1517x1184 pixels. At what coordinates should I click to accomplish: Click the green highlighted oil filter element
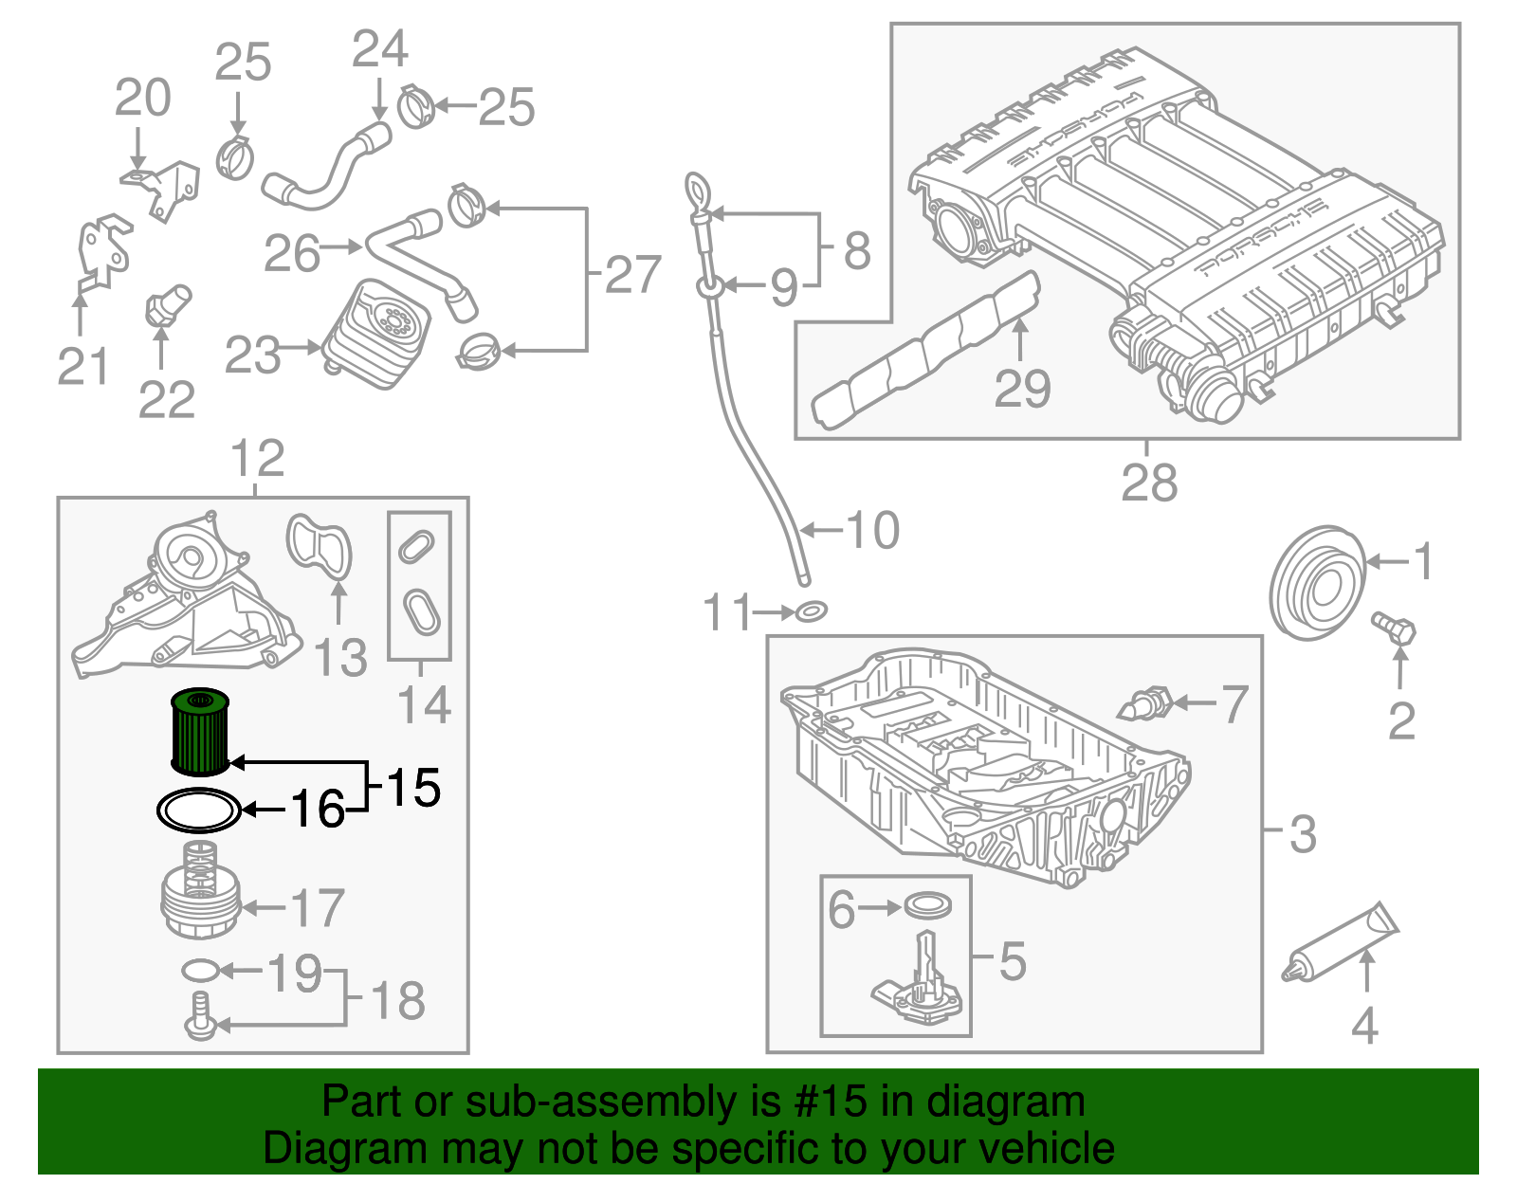(x=200, y=733)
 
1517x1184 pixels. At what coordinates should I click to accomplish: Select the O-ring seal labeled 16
(x=198, y=811)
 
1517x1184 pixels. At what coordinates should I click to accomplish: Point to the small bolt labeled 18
(x=199, y=1015)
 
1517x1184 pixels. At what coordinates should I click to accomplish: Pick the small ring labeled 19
(x=200, y=970)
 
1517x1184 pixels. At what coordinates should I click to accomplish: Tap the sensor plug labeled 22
(x=168, y=306)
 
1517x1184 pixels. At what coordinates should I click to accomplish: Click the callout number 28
(x=1148, y=483)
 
